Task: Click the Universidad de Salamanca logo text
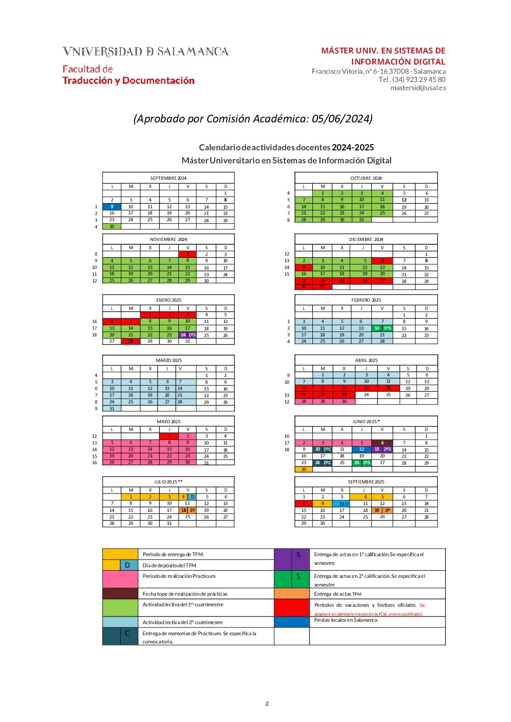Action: (x=145, y=52)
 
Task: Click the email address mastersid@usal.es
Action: (x=418, y=88)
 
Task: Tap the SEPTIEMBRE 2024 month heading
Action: (x=168, y=178)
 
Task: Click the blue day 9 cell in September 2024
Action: (x=112, y=206)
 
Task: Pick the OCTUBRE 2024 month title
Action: (x=366, y=178)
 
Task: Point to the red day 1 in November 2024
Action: (x=188, y=254)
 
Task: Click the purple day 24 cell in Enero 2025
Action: (x=183, y=334)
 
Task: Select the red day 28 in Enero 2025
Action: (x=131, y=341)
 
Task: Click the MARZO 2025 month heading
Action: (x=168, y=360)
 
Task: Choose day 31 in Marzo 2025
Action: (x=112, y=408)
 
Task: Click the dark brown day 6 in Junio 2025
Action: (x=382, y=442)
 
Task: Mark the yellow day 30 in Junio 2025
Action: (x=304, y=469)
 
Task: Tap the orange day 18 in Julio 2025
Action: (x=184, y=510)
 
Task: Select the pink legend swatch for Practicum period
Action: (x=120, y=579)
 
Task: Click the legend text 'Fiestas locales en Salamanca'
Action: (x=346, y=620)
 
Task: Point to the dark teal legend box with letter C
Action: (x=120, y=636)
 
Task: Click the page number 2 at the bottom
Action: (x=267, y=704)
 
